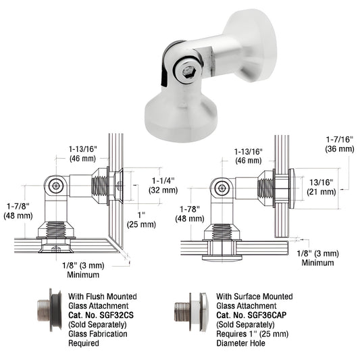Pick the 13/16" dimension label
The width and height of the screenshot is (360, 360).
(322, 182)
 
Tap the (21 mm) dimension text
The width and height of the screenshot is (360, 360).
(322, 192)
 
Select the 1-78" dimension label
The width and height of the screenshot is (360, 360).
(192, 209)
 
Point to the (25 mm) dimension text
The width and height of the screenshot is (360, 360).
(143, 224)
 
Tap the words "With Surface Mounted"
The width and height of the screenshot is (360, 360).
(255, 296)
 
